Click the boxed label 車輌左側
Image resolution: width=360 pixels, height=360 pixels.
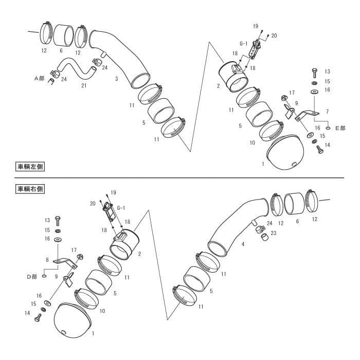coord(30,167)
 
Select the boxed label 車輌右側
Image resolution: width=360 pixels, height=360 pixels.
coord(30,189)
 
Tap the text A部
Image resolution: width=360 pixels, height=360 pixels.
coord(39,78)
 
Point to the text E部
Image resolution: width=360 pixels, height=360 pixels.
coord(340,128)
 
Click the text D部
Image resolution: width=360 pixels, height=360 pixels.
coord(32,277)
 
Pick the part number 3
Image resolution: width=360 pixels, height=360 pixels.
coord(117,79)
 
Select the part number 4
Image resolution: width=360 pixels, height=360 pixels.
coord(243,244)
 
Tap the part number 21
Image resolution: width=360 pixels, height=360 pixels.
coord(84,85)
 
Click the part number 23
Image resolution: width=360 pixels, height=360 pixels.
coord(274,233)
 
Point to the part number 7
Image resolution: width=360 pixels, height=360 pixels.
coord(328,112)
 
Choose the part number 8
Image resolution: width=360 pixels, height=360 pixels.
coord(47,260)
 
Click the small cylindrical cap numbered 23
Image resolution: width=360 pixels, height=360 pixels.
coord(265,237)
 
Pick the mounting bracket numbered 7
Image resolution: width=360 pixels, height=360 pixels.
coord(307,115)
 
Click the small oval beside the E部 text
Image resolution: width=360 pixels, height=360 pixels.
coord(328,128)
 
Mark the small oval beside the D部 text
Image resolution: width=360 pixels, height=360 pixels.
coord(44,276)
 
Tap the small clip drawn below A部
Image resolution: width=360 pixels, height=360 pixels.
coord(51,81)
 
